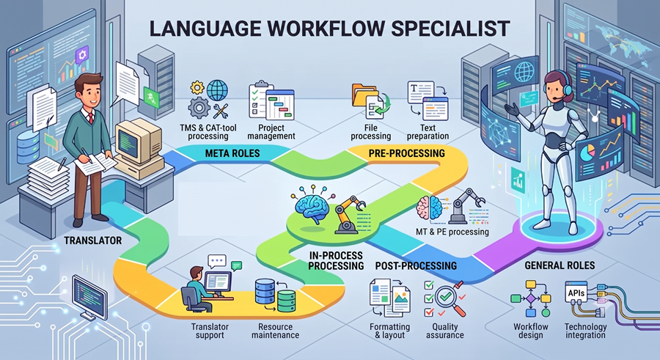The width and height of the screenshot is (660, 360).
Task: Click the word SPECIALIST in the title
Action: click(450, 29)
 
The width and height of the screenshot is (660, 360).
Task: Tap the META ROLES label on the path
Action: click(232, 153)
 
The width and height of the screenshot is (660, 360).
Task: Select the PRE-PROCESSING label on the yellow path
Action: click(406, 153)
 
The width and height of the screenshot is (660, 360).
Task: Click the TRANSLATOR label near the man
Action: click(93, 240)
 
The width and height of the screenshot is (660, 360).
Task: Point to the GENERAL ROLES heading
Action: click(560, 265)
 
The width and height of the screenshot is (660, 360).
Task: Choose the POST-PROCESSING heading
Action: click(416, 265)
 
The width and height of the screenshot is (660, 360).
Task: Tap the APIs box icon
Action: click(576, 293)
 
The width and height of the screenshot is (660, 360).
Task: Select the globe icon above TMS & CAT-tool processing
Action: click(217, 89)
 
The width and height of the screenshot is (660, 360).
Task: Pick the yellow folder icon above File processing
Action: click(364, 95)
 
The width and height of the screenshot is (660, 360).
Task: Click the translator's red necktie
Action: click(91, 117)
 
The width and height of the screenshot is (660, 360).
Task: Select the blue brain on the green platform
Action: click(312, 205)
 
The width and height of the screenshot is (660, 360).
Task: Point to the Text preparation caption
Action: click(428, 132)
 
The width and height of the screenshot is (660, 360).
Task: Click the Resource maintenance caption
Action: click(275, 331)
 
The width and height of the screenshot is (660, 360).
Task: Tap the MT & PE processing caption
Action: click(452, 232)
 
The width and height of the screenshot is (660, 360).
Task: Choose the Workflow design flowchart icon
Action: click(531, 298)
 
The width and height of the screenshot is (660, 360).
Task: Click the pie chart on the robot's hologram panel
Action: click(587, 153)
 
